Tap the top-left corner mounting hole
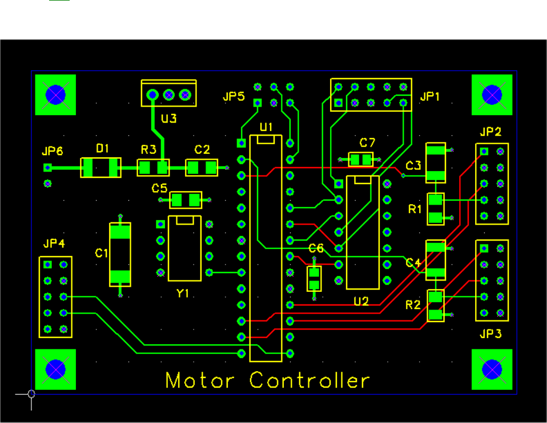[55, 95]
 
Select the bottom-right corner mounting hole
[492, 369]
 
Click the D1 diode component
[101, 168]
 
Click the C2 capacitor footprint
[203, 168]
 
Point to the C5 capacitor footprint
[186, 200]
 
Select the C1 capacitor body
[120, 254]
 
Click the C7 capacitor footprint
[361, 160]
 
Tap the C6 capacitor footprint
[313, 279]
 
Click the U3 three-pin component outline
[168, 93]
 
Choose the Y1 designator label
[183, 293]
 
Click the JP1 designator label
[430, 97]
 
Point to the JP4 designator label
[54, 244]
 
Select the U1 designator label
[267, 126]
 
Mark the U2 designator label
[361, 301]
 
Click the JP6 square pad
[48, 168]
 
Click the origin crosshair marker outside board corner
[31, 393]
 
